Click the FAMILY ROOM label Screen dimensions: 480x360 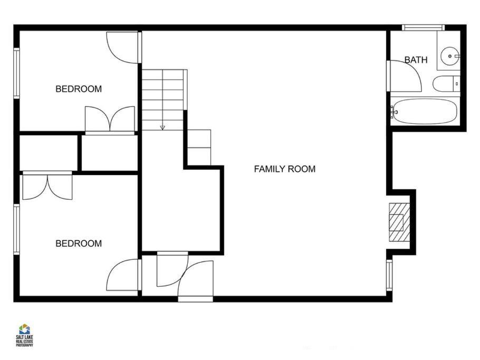point(285,169)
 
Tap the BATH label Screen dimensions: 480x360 point(416,60)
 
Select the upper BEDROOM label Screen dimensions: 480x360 point(79,89)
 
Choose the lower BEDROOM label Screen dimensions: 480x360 point(79,244)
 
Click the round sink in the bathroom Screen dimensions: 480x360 point(450,56)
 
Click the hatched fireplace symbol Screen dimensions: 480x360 point(399,222)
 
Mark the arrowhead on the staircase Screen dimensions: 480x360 point(162,127)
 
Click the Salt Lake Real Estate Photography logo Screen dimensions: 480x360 point(24,335)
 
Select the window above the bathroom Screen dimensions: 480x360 point(423,27)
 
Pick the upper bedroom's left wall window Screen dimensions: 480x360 point(16,73)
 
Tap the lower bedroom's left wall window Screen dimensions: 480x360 point(16,229)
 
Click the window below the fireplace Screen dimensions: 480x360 point(389,275)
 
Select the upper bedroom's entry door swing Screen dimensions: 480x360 point(122,48)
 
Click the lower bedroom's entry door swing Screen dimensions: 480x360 point(122,275)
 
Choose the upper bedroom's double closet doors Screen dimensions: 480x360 point(110,119)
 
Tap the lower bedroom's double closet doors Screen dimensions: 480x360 point(47,187)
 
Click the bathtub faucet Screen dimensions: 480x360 point(393,112)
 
